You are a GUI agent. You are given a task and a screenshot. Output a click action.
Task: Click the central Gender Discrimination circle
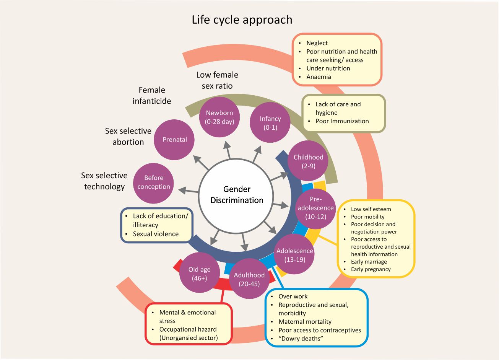click(x=237, y=195)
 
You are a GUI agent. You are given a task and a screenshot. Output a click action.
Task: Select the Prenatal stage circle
click(x=174, y=140)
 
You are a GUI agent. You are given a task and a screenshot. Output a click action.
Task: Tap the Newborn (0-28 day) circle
click(x=219, y=117)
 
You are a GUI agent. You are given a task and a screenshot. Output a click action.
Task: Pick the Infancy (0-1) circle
click(x=270, y=123)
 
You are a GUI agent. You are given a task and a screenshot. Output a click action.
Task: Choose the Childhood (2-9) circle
click(x=308, y=161)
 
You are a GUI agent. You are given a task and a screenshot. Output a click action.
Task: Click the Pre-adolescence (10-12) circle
click(x=315, y=208)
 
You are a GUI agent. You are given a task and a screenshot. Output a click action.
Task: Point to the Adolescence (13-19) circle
click(x=295, y=255)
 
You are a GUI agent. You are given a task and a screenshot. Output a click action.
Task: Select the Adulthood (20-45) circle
click(x=249, y=279)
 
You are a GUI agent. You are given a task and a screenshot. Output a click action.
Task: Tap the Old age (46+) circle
click(x=200, y=274)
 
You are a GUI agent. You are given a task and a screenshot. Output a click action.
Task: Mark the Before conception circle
click(x=154, y=182)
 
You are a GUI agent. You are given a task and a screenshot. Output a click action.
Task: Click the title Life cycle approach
click(x=242, y=20)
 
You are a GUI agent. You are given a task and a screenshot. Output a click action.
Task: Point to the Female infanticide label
click(x=152, y=96)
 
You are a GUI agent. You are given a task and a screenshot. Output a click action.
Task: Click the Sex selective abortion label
click(x=128, y=137)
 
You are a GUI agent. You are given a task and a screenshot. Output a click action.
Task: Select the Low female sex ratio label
click(x=217, y=80)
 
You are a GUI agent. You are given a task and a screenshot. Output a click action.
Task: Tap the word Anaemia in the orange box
click(x=319, y=77)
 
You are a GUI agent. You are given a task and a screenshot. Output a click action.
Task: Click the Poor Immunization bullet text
click(x=342, y=121)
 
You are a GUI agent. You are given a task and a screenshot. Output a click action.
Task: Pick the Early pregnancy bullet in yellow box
click(x=371, y=269)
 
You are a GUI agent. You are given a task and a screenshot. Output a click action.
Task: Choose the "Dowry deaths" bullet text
click(x=301, y=339)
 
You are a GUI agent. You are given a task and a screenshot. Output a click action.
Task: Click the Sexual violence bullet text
click(x=156, y=234)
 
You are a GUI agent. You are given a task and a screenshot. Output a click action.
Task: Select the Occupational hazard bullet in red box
click(x=188, y=329)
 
